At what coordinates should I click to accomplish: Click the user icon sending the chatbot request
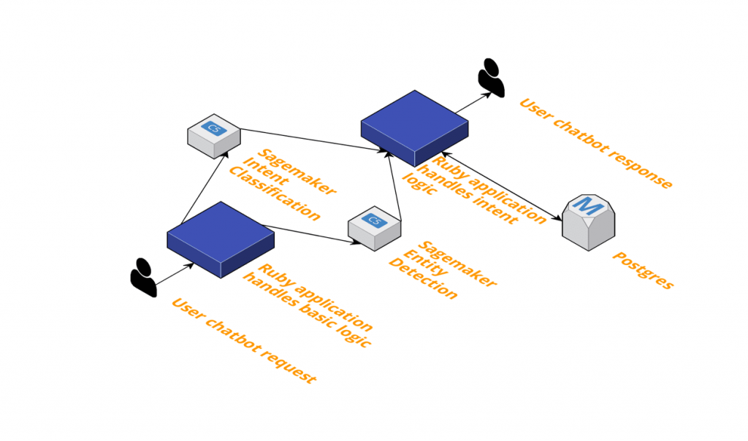(x=143, y=278)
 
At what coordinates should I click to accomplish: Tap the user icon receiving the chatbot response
(x=491, y=77)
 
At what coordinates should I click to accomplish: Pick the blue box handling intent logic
(x=414, y=127)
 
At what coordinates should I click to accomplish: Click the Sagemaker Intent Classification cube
(x=213, y=136)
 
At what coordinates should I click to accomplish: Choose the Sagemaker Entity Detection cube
(x=374, y=228)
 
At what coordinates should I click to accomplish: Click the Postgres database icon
(x=589, y=222)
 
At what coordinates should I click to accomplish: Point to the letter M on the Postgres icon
(x=589, y=207)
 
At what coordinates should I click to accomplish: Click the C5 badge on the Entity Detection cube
(x=375, y=220)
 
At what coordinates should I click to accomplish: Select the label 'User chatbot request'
(x=243, y=340)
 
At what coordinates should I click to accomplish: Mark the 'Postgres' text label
(x=642, y=270)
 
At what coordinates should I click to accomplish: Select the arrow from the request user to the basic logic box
(x=174, y=274)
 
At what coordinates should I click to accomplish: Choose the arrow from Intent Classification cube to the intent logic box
(x=310, y=140)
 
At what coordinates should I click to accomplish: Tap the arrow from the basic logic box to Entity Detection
(x=307, y=232)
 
